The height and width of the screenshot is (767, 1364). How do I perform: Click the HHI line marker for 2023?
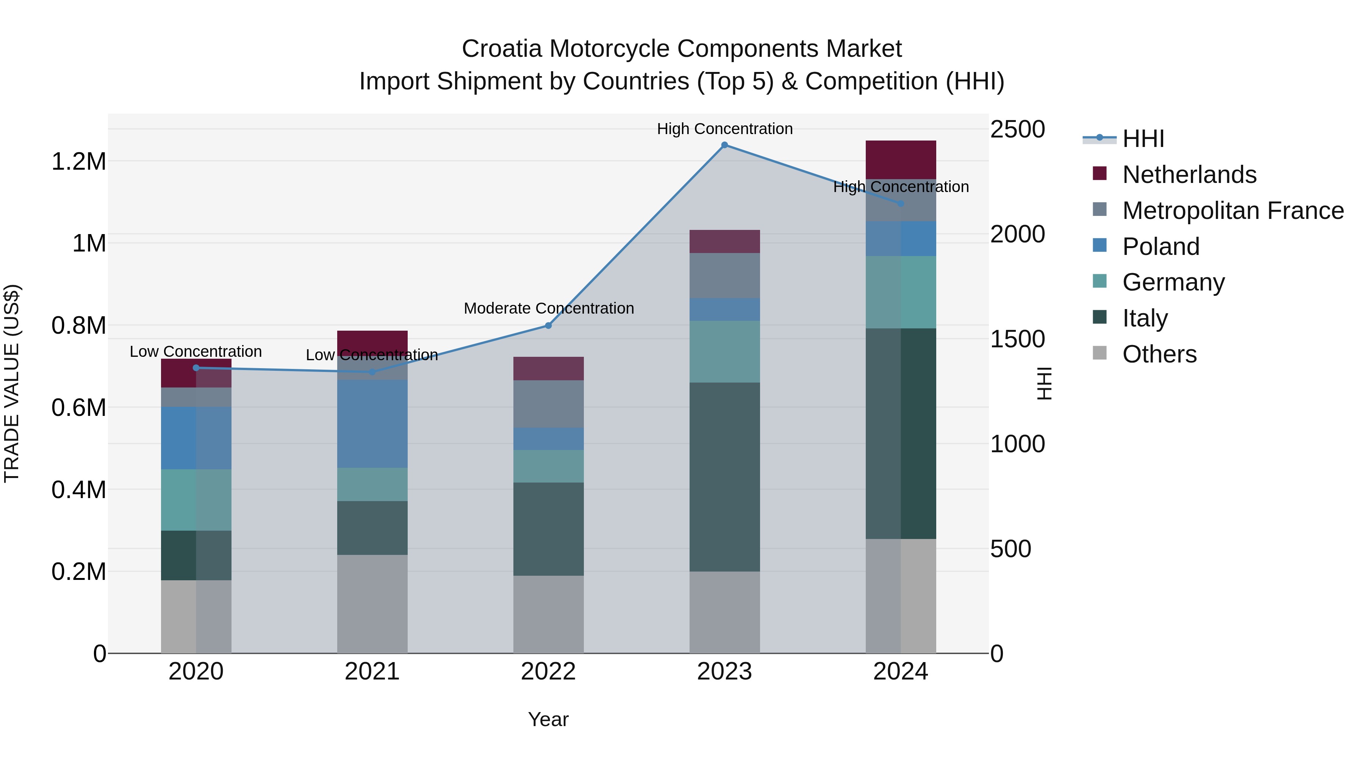(x=724, y=145)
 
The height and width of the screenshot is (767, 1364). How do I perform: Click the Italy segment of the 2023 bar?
(x=724, y=476)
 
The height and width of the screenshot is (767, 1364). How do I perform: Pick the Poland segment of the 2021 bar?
(x=372, y=423)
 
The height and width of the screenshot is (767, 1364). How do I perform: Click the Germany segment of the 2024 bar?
(x=901, y=292)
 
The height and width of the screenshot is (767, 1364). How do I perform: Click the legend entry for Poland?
(x=1160, y=247)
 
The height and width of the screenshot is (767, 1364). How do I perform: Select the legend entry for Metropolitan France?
(x=1233, y=211)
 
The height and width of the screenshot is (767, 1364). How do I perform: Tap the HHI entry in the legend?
(x=1143, y=139)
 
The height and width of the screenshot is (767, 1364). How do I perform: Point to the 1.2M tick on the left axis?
(x=78, y=161)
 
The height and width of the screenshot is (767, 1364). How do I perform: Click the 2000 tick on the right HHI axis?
(x=1017, y=234)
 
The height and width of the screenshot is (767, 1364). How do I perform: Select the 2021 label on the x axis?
(x=372, y=672)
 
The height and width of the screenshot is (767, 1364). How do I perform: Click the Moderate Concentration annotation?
(x=549, y=308)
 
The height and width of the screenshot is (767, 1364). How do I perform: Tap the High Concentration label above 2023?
(x=724, y=129)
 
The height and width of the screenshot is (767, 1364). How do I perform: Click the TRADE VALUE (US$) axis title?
(x=12, y=383)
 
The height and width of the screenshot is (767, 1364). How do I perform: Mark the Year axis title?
(x=548, y=719)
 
